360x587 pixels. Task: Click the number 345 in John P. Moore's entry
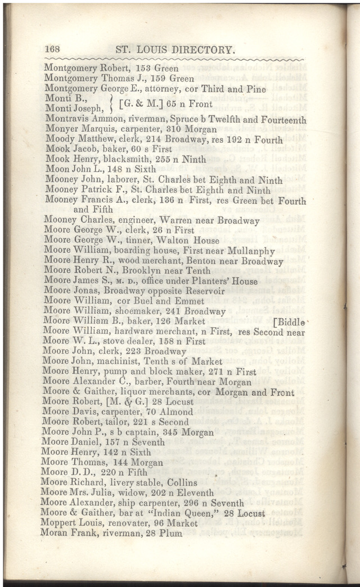tap(171, 432)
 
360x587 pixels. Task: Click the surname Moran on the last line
tap(55, 533)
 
